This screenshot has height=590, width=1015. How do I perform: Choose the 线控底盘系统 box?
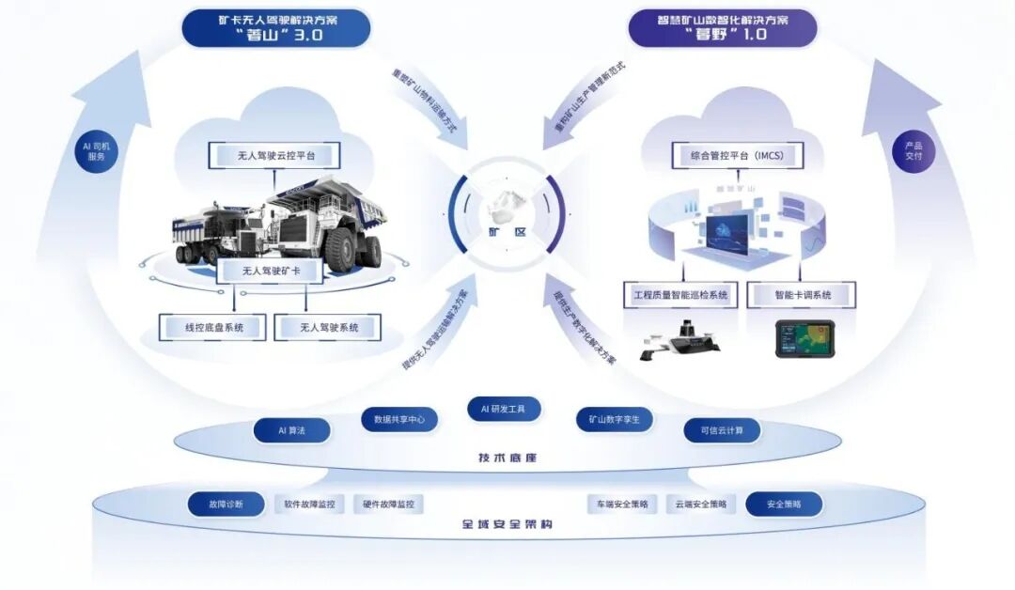(213, 327)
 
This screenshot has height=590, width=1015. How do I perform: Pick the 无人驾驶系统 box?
(329, 327)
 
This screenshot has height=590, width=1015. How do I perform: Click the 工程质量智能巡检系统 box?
(680, 295)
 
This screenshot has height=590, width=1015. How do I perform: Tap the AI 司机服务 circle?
(97, 151)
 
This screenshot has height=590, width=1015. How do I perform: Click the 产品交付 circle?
(913, 151)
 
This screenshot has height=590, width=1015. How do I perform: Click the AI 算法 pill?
(291, 430)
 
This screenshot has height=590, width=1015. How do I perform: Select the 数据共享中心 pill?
(399, 420)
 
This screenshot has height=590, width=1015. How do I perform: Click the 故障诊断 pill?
(226, 505)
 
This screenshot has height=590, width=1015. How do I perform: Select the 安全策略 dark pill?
(784, 505)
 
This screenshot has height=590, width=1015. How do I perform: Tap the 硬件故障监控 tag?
(388, 505)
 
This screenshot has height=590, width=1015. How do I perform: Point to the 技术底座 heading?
(507, 458)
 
